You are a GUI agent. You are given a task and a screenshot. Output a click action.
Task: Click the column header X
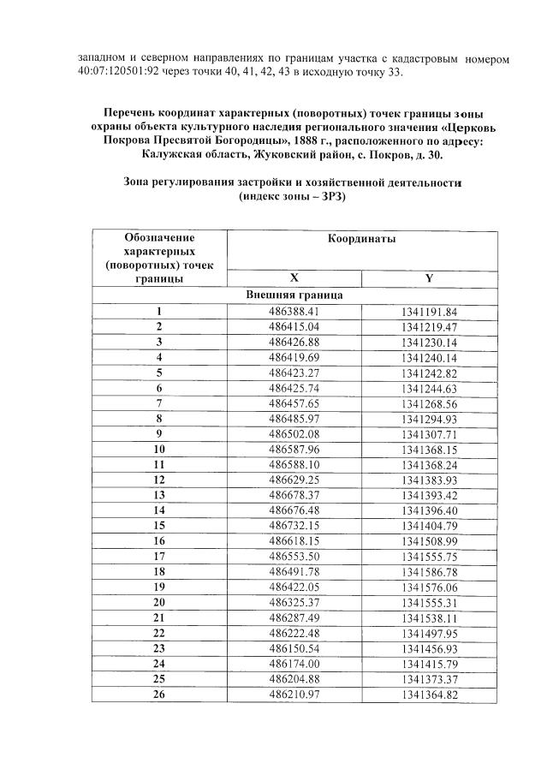click(x=294, y=278)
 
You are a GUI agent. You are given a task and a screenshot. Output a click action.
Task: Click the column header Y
click(x=429, y=278)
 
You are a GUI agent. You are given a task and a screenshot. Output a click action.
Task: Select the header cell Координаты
click(x=361, y=240)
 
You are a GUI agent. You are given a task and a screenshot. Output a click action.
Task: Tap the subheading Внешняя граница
click(x=294, y=295)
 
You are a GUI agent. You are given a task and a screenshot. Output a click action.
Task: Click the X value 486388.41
click(x=294, y=312)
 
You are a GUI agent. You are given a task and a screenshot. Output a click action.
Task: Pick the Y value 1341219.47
click(x=429, y=327)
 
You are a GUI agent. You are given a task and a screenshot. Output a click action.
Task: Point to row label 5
click(x=158, y=373)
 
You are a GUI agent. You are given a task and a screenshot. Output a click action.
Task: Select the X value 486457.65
click(x=294, y=403)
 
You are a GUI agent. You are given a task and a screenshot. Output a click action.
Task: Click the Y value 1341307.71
click(x=429, y=434)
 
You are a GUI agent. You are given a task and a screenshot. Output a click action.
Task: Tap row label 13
click(x=158, y=495)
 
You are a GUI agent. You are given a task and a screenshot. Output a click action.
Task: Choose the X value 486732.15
click(x=294, y=526)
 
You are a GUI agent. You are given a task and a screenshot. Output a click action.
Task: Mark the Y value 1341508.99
click(x=429, y=541)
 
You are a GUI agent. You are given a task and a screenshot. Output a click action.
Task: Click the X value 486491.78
click(x=294, y=572)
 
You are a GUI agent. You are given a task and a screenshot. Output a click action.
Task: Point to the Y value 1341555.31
click(x=429, y=602)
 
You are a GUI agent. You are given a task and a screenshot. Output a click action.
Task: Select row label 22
click(x=158, y=633)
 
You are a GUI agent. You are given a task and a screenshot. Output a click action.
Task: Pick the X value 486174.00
click(x=294, y=664)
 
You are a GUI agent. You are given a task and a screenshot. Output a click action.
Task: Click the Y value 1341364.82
click(x=429, y=695)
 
